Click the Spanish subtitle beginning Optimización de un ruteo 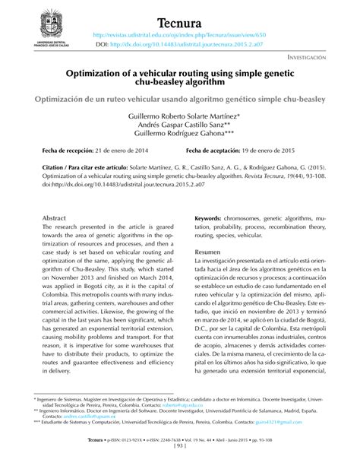[x=179, y=100]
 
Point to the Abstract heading [x=55, y=217]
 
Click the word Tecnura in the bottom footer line [x=96, y=449]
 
